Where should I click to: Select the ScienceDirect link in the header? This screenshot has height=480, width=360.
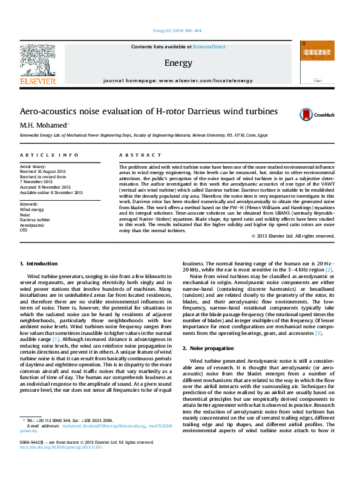[209, 47]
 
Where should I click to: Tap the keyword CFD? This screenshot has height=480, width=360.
[24, 230]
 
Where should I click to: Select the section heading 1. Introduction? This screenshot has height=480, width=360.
[39, 264]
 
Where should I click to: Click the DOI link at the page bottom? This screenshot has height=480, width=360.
[62, 464]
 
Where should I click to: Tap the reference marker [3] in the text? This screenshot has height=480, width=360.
[318, 333]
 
